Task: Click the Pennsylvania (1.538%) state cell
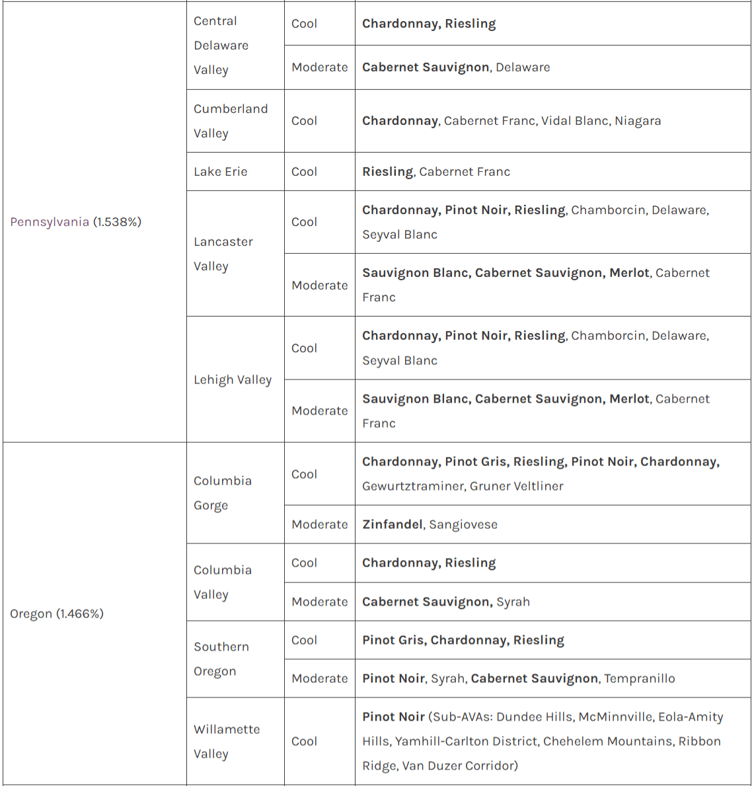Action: (76, 222)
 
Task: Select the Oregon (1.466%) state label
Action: (57, 613)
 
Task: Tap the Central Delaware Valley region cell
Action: (221, 46)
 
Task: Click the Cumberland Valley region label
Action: (231, 121)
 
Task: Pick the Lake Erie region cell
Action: (220, 172)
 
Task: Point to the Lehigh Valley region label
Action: (233, 380)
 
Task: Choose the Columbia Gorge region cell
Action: (223, 493)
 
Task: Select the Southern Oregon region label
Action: (221, 659)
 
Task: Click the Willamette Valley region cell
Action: (227, 742)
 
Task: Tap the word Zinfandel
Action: (393, 524)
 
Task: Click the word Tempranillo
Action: (640, 678)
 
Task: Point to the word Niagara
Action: (638, 121)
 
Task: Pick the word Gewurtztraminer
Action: (413, 486)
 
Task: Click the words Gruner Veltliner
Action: (517, 486)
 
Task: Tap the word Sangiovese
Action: (463, 524)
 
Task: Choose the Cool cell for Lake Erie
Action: (304, 172)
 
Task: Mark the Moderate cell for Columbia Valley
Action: (320, 602)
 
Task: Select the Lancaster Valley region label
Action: (223, 254)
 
